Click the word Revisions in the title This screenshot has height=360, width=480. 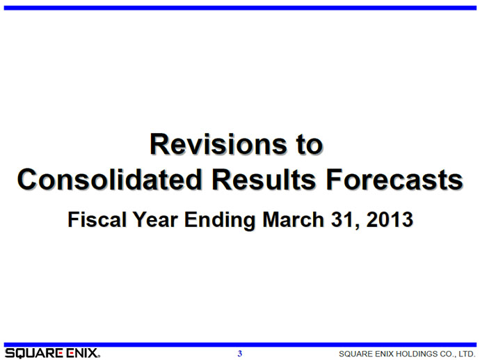pyautogui.click(x=218, y=144)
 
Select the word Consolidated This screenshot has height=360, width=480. pyautogui.click(x=110, y=179)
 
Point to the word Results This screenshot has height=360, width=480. pyautogui.click(x=264, y=179)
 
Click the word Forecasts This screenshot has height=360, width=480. pyautogui.click(x=394, y=179)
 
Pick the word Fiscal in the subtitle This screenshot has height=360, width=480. pyautogui.click(x=97, y=219)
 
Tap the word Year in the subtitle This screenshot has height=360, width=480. pyautogui.click(x=155, y=219)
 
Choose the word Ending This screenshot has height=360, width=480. pyautogui.click(x=220, y=220)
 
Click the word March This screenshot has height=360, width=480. pyautogui.click(x=294, y=219)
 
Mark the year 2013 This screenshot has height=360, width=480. pyautogui.click(x=390, y=219)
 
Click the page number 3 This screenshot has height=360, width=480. pyautogui.click(x=240, y=354)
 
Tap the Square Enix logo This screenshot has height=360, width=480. pyautogui.click(x=52, y=353)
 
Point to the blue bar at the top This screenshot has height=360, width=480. pyautogui.click(x=240, y=8)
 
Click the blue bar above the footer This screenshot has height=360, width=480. pyautogui.click(x=240, y=345)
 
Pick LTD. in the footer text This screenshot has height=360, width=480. pyautogui.click(x=467, y=354)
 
